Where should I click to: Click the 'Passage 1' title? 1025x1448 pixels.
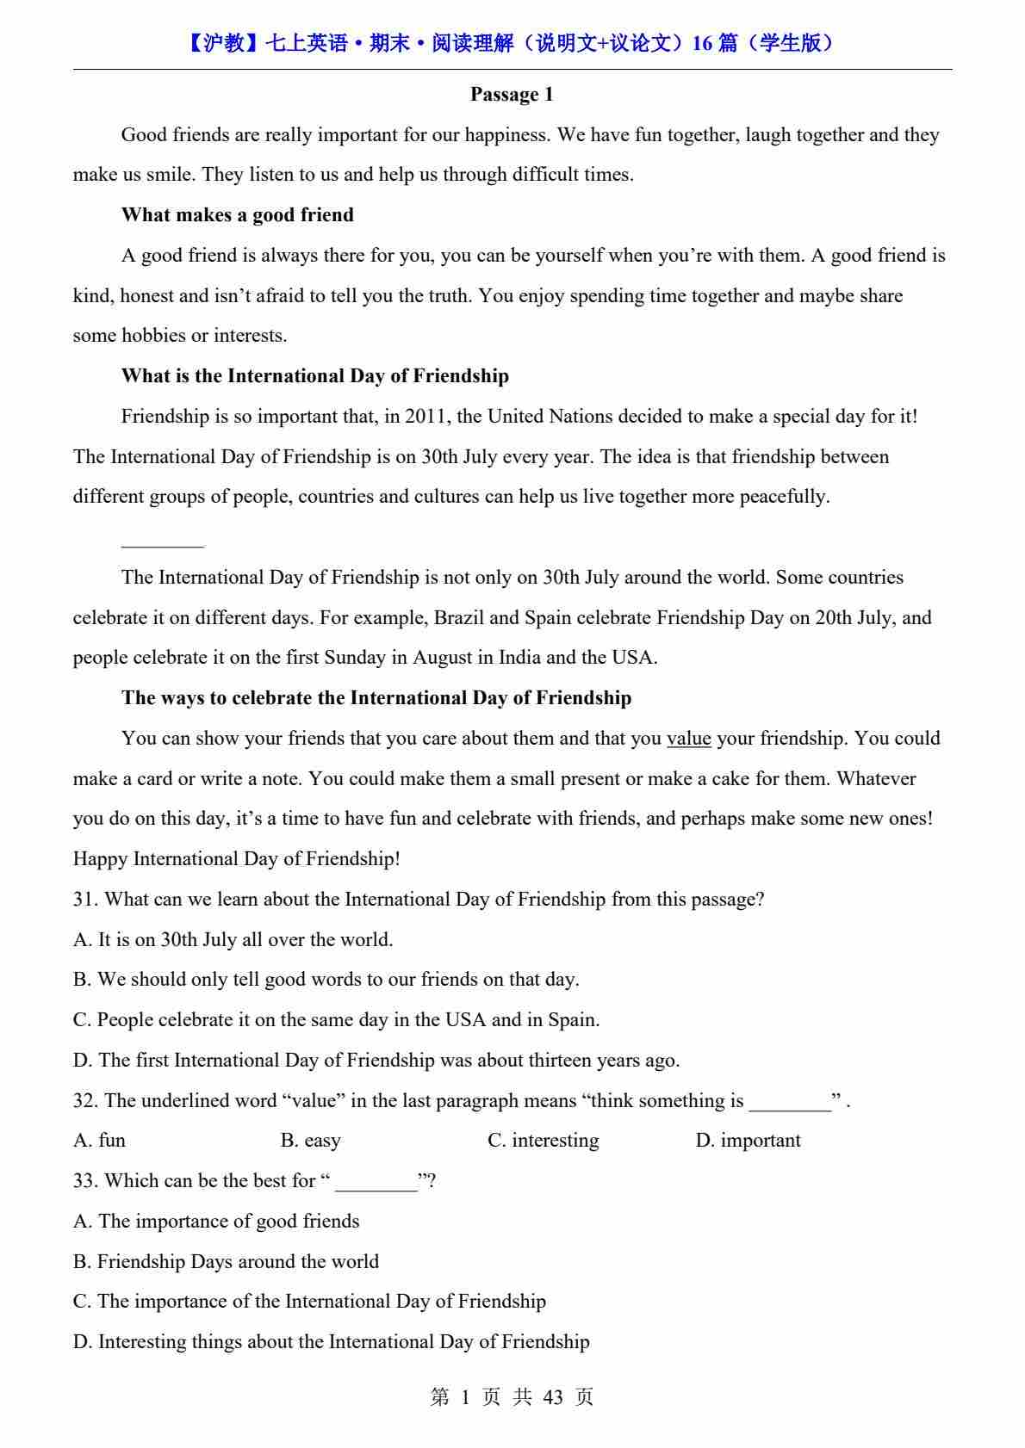pos(512,95)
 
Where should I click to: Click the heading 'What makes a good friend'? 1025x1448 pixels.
pos(237,215)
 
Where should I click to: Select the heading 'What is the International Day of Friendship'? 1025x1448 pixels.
pos(314,376)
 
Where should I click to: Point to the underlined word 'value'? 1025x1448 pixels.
pos(688,739)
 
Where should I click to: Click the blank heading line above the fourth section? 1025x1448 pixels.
pos(162,544)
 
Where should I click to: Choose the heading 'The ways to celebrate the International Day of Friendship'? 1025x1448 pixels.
pos(376,698)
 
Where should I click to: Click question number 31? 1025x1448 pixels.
pos(85,900)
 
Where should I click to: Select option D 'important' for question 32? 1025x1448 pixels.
pos(748,1141)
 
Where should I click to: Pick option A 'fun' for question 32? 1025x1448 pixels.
pos(100,1141)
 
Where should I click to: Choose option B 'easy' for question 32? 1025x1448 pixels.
pos(311,1141)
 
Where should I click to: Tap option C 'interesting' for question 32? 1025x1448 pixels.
pos(544,1141)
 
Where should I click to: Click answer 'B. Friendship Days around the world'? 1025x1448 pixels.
pos(226,1262)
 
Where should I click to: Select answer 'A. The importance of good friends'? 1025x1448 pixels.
pos(216,1222)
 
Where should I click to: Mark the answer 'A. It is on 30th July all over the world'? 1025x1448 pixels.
pos(233,940)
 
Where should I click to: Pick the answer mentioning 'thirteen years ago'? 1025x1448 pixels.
pos(376,1061)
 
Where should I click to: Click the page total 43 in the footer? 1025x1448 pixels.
pos(553,1397)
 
